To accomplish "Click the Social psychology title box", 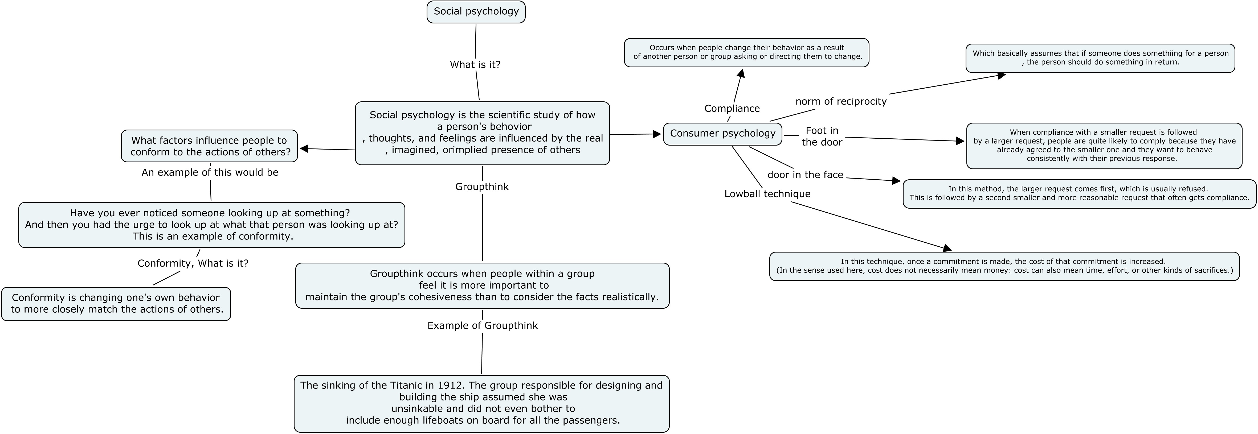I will [x=476, y=12].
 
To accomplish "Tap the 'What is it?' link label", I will [x=475, y=64].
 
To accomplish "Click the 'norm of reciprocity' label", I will [x=841, y=102].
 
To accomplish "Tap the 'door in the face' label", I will [x=805, y=175].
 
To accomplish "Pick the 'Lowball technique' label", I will [x=767, y=194].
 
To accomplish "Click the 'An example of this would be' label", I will [x=210, y=172].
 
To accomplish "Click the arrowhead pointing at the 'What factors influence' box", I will [x=304, y=148].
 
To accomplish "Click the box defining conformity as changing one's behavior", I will [x=116, y=304].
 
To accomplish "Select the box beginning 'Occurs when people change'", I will [x=746, y=52].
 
